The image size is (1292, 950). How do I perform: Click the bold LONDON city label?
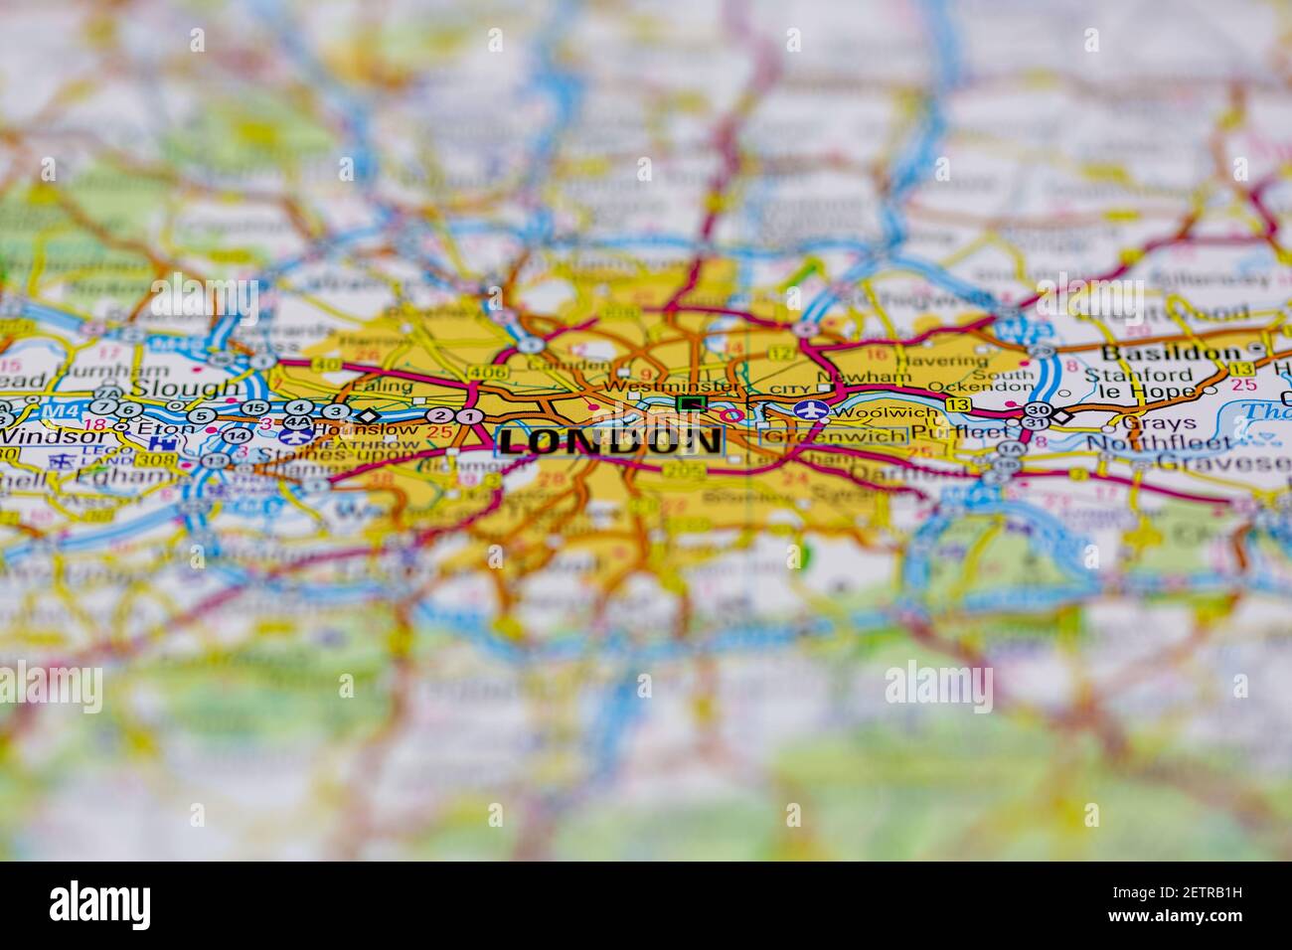[x=609, y=441]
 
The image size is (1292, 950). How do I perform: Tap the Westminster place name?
[x=671, y=387]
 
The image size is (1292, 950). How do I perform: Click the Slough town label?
[x=186, y=388]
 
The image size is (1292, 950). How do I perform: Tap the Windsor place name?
[x=40, y=435]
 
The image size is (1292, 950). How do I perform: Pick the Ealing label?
[x=382, y=387]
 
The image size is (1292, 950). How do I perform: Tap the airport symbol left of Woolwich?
[x=810, y=410]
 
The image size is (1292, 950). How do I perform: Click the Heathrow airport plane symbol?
[x=293, y=435]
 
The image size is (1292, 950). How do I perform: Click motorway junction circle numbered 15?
[x=254, y=408]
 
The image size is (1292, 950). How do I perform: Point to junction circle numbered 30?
[x=1037, y=409]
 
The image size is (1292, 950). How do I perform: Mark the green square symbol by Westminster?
[x=690, y=403]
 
